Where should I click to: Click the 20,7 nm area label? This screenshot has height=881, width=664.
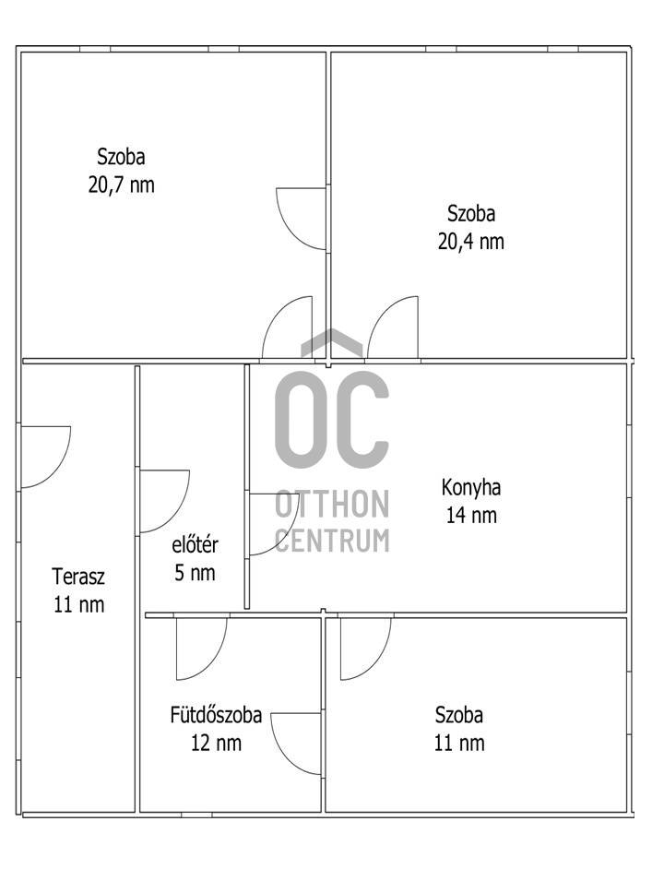point(122,185)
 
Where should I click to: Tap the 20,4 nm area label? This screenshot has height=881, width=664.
point(470,242)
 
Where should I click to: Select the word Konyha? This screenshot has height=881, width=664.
point(470,487)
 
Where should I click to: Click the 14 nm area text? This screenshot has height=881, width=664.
point(471,516)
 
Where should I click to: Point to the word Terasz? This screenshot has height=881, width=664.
point(78,577)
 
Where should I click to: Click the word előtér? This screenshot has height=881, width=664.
point(195,545)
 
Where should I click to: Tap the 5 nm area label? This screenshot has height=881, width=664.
point(195,573)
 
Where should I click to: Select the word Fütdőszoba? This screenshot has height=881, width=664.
point(217,715)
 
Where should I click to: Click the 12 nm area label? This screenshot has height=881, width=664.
point(217,743)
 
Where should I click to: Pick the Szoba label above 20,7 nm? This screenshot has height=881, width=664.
point(122,156)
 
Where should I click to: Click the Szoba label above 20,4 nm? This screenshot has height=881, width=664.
point(470,213)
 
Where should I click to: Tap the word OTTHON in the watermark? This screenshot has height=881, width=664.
point(332,504)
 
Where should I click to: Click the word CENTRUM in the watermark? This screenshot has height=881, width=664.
point(332,541)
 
